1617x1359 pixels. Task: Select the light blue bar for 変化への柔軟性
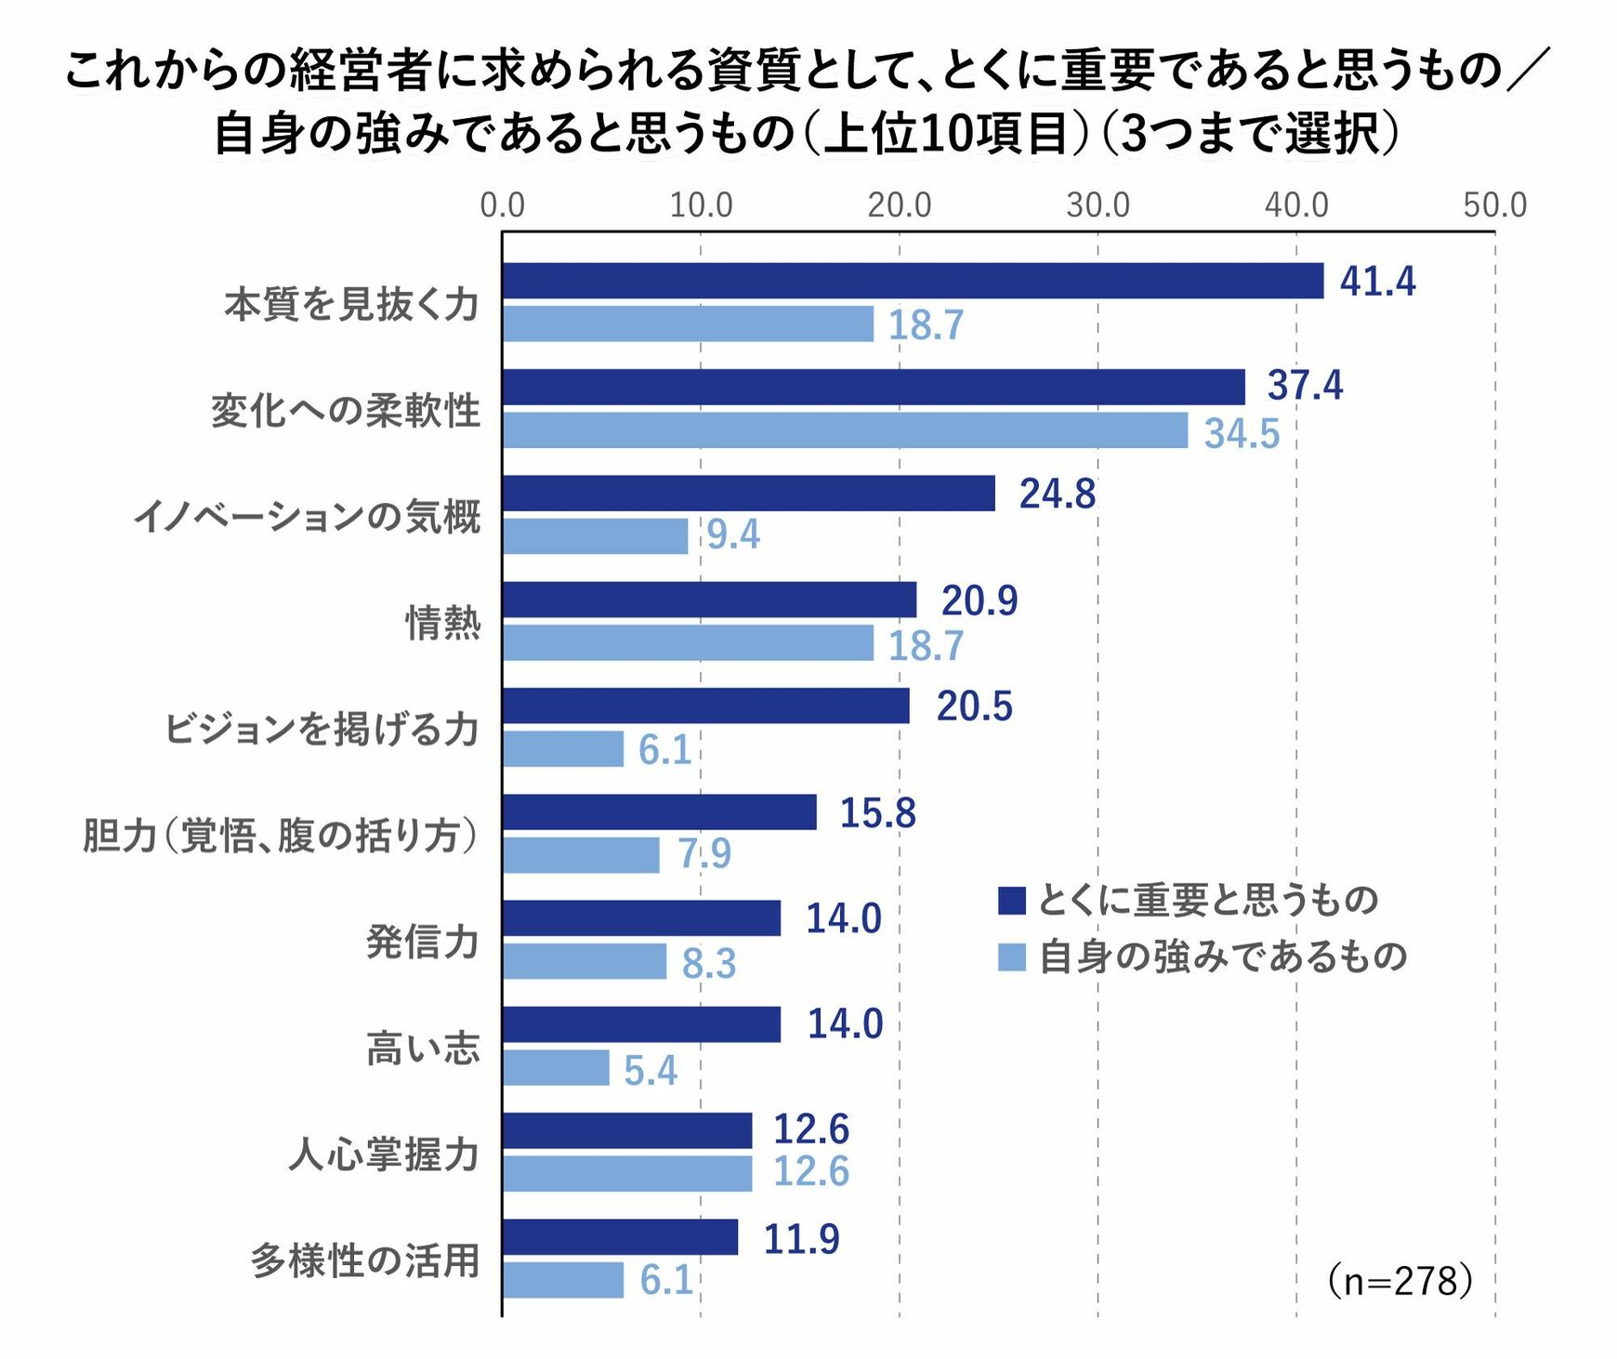pyautogui.click(x=845, y=430)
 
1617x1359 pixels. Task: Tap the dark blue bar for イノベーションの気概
pyautogui.click(x=748, y=494)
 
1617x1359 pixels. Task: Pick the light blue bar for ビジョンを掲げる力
pyautogui.click(x=563, y=749)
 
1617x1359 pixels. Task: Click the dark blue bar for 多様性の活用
pyautogui.click(x=620, y=1237)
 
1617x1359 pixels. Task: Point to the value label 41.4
pyautogui.click(x=1377, y=281)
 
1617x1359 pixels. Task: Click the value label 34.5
pyautogui.click(x=1242, y=433)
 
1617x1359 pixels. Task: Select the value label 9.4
pyautogui.click(x=733, y=534)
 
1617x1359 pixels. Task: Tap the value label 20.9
pyautogui.click(x=979, y=600)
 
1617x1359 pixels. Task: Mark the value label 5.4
pyautogui.click(x=651, y=1070)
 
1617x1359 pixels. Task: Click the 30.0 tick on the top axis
pyautogui.click(x=1098, y=205)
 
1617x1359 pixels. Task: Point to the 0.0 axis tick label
pyautogui.click(x=502, y=205)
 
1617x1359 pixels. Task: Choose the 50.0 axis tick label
pyautogui.click(x=1494, y=205)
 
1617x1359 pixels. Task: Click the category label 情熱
pyautogui.click(x=443, y=622)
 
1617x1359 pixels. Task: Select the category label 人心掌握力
pyautogui.click(x=384, y=1154)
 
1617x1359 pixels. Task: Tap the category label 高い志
pyautogui.click(x=423, y=1048)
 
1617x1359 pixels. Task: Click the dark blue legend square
pyautogui.click(x=1011, y=900)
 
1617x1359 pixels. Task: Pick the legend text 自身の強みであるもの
pyautogui.click(x=1222, y=957)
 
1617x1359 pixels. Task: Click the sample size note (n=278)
pyautogui.click(x=1400, y=1281)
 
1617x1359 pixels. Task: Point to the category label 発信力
pyautogui.click(x=423, y=941)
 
